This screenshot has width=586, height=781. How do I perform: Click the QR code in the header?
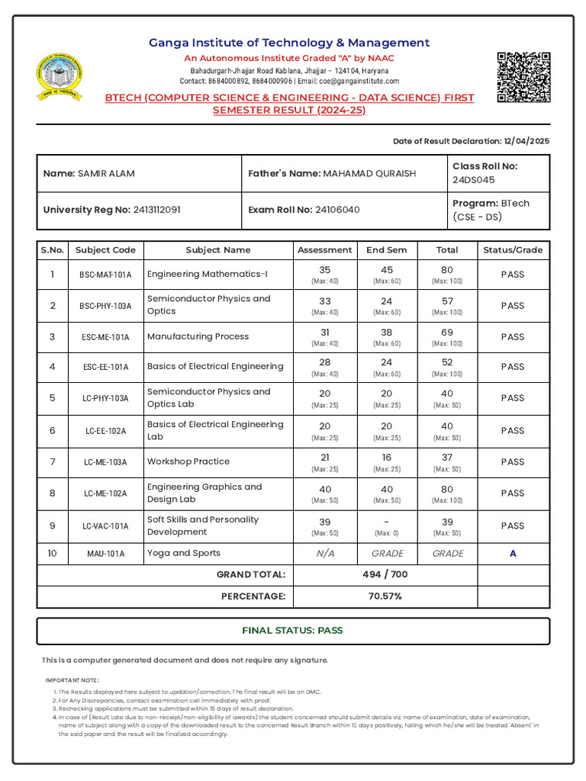pyautogui.click(x=523, y=77)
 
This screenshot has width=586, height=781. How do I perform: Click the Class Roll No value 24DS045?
pyautogui.click(x=473, y=180)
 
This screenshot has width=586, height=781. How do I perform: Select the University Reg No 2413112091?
pyautogui.click(x=156, y=210)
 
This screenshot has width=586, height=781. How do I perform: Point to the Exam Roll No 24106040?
pyautogui.click(x=337, y=210)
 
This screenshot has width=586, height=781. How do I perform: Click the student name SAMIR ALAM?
pyautogui.click(x=106, y=174)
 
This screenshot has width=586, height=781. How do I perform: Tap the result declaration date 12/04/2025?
pyautogui.click(x=526, y=141)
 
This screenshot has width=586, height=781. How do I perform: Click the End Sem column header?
pyautogui.click(x=387, y=250)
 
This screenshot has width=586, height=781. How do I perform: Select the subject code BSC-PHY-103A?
pyautogui.click(x=105, y=306)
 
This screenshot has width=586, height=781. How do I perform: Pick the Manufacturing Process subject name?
pyautogui.click(x=198, y=336)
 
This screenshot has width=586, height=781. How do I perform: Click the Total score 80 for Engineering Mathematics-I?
pyautogui.click(x=447, y=270)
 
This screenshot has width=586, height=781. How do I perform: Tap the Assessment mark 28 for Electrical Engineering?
pyautogui.click(x=325, y=362)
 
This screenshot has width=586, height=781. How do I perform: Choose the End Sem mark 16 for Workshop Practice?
pyautogui.click(x=387, y=456)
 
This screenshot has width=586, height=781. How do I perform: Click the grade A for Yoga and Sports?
pyautogui.click(x=513, y=554)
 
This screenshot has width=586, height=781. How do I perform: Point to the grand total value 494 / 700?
pyautogui.click(x=385, y=574)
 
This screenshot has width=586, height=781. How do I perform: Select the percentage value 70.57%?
pyautogui.click(x=385, y=596)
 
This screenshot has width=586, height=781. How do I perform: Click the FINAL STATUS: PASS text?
pyautogui.click(x=292, y=631)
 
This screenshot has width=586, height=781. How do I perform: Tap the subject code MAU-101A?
pyautogui.click(x=105, y=554)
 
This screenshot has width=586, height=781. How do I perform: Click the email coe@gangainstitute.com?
pyautogui.click(x=359, y=81)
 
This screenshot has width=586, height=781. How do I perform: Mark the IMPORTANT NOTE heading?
pyautogui.click(x=72, y=680)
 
